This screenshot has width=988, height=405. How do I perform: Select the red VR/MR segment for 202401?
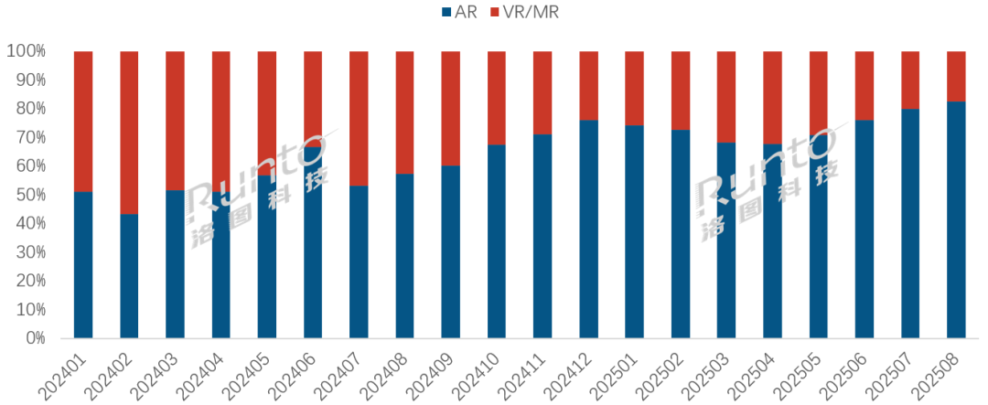(83, 121)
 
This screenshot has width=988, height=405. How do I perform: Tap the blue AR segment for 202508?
(956, 219)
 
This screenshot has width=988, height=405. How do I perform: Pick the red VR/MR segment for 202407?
(359, 118)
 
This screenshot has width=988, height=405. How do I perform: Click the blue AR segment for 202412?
(588, 229)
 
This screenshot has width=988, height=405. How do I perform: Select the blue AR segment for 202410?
(497, 241)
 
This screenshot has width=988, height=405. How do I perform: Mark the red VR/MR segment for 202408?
(404, 112)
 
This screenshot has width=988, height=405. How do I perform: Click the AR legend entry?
(464, 12)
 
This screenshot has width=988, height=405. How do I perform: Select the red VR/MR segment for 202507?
(910, 80)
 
